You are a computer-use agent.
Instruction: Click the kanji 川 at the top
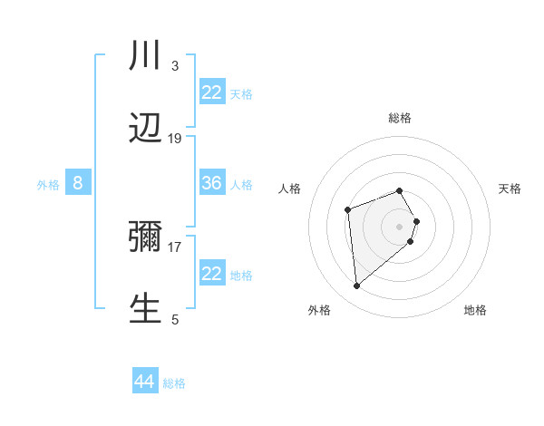(145, 56)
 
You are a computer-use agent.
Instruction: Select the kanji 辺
(145, 130)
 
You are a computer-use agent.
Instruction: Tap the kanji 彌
(145, 237)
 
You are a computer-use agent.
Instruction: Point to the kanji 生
(145, 309)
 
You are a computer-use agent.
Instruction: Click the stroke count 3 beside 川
(174, 65)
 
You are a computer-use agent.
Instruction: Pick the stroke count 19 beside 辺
(175, 139)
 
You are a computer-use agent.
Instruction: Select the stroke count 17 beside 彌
(175, 247)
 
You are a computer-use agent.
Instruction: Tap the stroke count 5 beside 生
(174, 319)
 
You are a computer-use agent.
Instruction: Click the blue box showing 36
(212, 183)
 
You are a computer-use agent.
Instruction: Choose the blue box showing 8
(78, 183)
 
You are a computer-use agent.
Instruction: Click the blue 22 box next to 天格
(212, 92)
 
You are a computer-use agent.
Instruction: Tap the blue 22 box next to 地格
(212, 274)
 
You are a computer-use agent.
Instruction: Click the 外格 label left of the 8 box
(48, 184)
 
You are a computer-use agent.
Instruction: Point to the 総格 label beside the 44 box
(174, 382)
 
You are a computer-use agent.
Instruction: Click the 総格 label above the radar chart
(400, 118)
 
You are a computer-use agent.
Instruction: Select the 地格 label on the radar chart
(475, 310)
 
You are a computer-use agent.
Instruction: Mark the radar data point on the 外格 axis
(357, 286)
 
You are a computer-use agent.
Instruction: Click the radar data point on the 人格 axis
(347, 210)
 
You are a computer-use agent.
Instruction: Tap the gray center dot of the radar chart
(400, 226)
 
